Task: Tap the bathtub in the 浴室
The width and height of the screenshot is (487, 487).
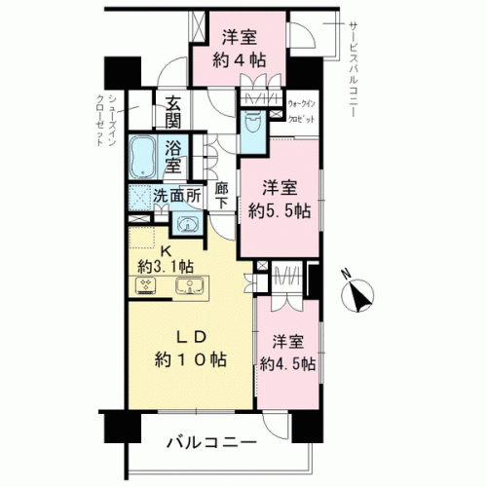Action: (x=143, y=157)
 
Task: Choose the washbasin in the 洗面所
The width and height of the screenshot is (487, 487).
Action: (x=187, y=223)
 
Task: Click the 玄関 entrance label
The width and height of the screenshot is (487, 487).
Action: (x=173, y=113)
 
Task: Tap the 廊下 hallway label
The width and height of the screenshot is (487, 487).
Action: (x=222, y=195)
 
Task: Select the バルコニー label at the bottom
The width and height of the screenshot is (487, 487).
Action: (x=211, y=442)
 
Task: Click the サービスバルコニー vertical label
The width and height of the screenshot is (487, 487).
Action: (x=353, y=69)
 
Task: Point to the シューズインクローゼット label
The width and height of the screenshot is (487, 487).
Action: (x=106, y=120)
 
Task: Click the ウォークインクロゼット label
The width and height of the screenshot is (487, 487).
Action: (x=302, y=112)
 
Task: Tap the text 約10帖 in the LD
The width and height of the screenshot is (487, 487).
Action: (x=191, y=359)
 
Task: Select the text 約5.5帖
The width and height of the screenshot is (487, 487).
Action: (x=280, y=211)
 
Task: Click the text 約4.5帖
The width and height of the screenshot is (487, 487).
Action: (x=287, y=364)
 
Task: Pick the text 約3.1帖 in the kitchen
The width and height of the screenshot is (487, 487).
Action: (x=166, y=267)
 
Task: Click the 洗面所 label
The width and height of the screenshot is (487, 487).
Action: (x=177, y=195)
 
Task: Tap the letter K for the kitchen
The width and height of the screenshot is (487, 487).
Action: (x=166, y=250)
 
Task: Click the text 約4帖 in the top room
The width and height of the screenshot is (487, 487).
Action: (x=240, y=60)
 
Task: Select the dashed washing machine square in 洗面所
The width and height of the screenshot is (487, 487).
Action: (x=140, y=198)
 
